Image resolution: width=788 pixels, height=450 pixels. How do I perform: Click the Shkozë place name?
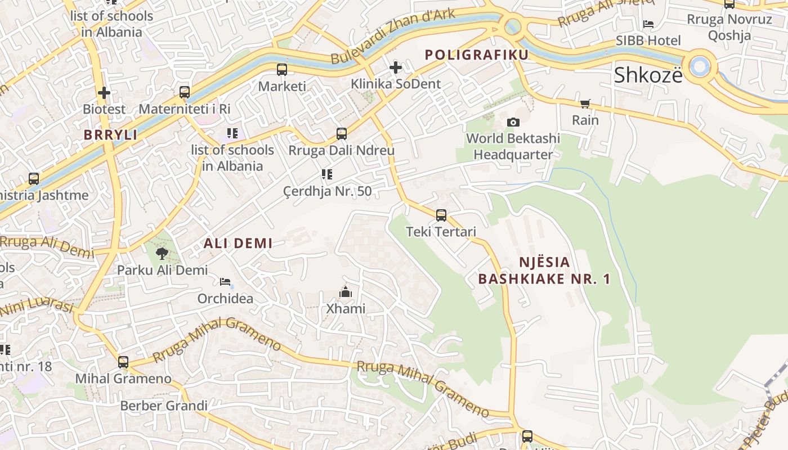pyautogui.click(x=648, y=75)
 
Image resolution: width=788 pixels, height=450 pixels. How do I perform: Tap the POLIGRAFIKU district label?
pyautogui.click(x=477, y=55)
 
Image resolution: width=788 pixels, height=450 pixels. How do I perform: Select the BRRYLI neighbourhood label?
pyautogui.click(x=111, y=135)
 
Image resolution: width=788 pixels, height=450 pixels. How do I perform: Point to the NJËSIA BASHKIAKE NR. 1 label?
pyautogui.click(x=544, y=271)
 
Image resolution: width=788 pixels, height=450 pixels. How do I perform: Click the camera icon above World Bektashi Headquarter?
pyautogui.click(x=513, y=122)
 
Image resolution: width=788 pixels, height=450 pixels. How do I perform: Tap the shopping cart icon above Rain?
pyautogui.click(x=585, y=104)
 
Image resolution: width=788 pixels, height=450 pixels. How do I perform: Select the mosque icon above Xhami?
pyautogui.click(x=346, y=292)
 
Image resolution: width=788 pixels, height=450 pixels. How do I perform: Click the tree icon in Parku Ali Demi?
pyautogui.click(x=162, y=254)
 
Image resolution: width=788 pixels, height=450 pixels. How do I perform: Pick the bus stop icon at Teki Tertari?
pyautogui.click(x=441, y=215)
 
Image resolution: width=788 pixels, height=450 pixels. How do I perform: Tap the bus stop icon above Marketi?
pyautogui.click(x=282, y=70)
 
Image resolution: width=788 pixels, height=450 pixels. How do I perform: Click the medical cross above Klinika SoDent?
pyautogui.click(x=396, y=67)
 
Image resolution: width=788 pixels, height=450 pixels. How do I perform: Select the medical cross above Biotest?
pyautogui.click(x=104, y=92)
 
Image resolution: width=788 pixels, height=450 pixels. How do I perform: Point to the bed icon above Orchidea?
pyautogui.click(x=225, y=281)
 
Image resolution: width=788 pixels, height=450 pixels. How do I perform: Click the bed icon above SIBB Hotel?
pyautogui.click(x=648, y=24)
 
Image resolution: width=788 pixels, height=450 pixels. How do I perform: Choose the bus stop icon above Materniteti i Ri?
pyautogui.click(x=185, y=92)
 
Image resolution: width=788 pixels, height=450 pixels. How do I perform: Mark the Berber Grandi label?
pyautogui.click(x=164, y=406)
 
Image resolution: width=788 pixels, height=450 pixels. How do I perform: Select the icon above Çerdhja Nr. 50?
pyautogui.click(x=327, y=174)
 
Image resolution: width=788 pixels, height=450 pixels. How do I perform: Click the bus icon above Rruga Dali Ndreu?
pyautogui.click(x=342, y=134)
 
